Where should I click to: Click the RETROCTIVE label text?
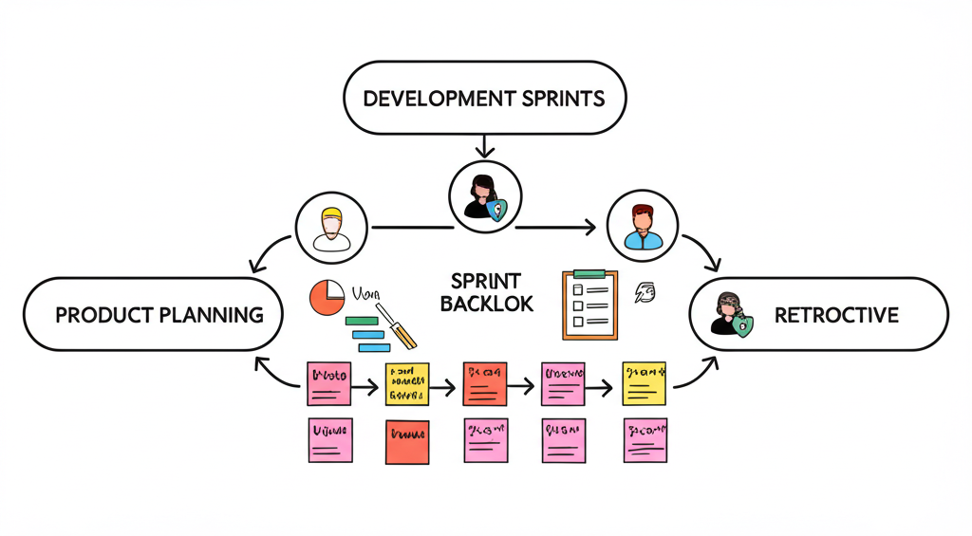835,315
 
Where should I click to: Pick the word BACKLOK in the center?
486,305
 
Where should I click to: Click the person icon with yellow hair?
330,227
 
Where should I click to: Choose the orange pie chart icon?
327,298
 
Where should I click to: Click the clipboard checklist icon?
589,304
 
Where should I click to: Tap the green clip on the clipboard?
589,274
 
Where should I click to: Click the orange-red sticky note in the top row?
485,384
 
